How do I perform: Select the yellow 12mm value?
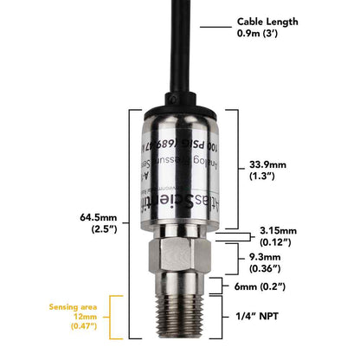[x=87, y=317]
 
